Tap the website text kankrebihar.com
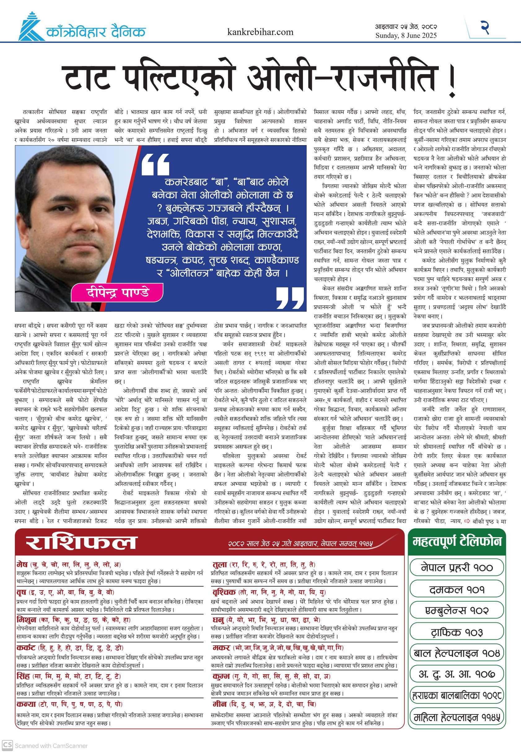pos(260,32)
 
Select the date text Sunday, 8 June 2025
pos(406,36)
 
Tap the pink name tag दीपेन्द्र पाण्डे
pos(117,292)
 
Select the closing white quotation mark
pos(290,297)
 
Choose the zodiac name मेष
pos(22,564)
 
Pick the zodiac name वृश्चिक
pos(224,592)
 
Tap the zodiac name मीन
pos(219,704)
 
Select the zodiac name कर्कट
pos(26,648)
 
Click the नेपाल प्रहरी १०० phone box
pos(457,568)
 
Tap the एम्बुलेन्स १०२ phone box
pos(457,610)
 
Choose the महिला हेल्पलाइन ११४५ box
pos(457,717)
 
